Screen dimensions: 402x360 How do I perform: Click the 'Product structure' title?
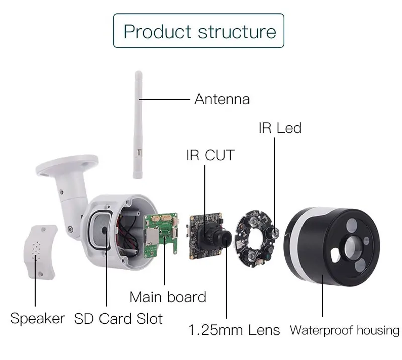[x=199, y=32]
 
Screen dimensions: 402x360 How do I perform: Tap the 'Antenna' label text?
[x=222, y=99]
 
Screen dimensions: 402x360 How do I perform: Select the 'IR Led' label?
[x=280, y=128]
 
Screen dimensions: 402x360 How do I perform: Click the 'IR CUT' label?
[x=211, y=155]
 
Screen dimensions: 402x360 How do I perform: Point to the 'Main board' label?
[x=168, y=297]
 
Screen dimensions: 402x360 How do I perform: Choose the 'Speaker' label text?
[x=38, y=319]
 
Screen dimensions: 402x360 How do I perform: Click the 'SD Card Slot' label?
[x=119, y=319]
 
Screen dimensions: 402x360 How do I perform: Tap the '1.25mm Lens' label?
[x=234, y=330]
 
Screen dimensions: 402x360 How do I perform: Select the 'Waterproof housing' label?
[x=345, y=330]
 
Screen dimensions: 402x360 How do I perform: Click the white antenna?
[x=138, y=125]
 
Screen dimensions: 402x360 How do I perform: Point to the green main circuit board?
[x=161, y=235]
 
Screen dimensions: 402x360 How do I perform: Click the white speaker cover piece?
[x=40, y=252]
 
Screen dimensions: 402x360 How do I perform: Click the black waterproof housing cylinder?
[x=332, y=247]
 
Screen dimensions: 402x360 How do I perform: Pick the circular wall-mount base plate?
[x=67, y=164]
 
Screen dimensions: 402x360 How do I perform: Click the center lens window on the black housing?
[x=353, y=247]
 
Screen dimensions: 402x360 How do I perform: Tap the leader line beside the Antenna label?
[x=164, y=99]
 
